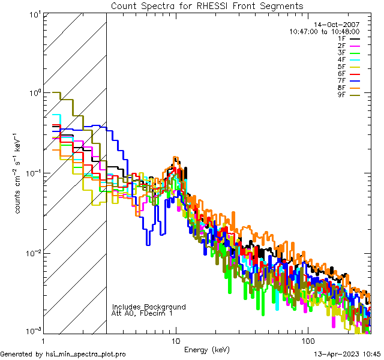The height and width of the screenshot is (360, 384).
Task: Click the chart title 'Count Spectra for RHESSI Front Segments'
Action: click(x=207, y=5)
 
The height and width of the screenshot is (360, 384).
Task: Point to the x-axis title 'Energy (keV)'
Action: click(x=206, y=349)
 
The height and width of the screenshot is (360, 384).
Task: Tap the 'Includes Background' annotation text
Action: click(x=148, y=307)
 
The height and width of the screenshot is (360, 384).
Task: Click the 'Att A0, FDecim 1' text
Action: click(x=142, y=313)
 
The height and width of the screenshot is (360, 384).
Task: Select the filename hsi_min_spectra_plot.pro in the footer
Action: click(x=86, y=354)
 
